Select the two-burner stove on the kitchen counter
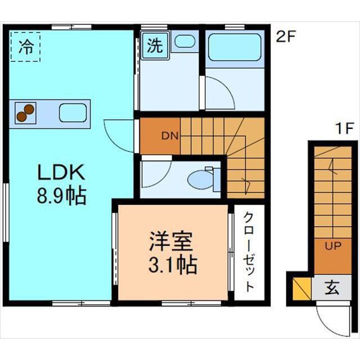(25, 113)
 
